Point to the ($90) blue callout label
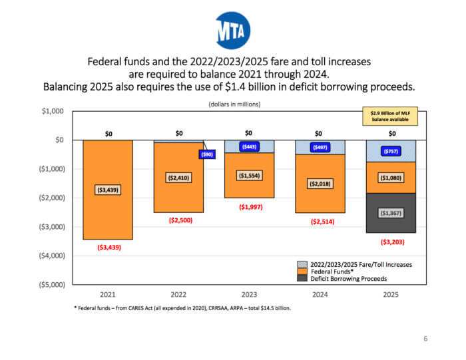pos(208,154)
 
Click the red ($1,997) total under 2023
pos(250,207)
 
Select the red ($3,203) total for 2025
pos(392,242)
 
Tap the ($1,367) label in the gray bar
pos(392,213)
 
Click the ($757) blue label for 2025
pos(392,151)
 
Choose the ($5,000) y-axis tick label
pos(50,284)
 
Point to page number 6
pos(425,339)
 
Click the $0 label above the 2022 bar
pos(179,134)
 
